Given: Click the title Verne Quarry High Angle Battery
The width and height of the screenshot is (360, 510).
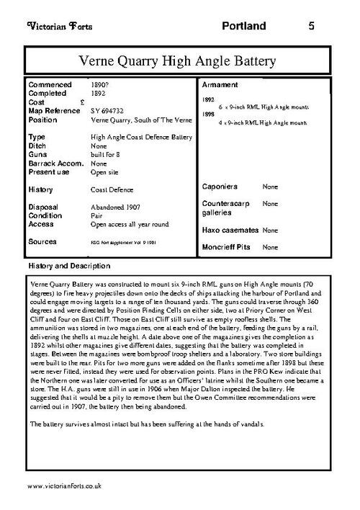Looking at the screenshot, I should (x=180, y=60).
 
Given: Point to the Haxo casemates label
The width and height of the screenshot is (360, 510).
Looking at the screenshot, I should (x=229, y=230).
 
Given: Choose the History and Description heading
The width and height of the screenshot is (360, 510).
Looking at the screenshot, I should (x=66, y=266).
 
